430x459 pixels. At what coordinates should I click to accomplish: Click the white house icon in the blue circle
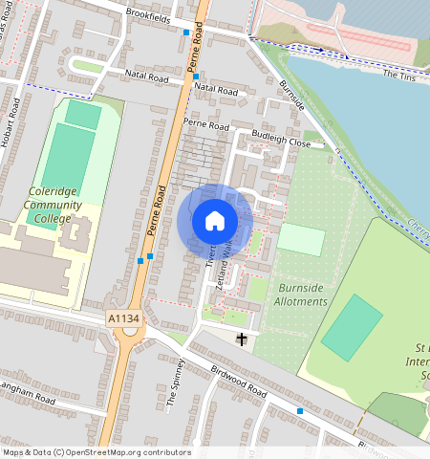(x=215, y=221)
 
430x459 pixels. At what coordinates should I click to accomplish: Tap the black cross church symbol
(x=242, y=339)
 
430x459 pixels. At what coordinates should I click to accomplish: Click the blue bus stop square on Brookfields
(x=185, y=33)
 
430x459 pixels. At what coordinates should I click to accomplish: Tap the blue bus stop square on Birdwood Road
(x=300, y=410)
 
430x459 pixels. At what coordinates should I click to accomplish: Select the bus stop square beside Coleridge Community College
(x=140, y=259)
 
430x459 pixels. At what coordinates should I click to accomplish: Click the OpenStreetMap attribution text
(x=96, y=452)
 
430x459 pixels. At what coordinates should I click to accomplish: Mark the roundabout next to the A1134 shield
(x=131, y=333)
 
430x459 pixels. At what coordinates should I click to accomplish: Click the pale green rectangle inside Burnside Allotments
(x=301, y=239)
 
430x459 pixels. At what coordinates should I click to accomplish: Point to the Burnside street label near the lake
(x=291, y=93)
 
